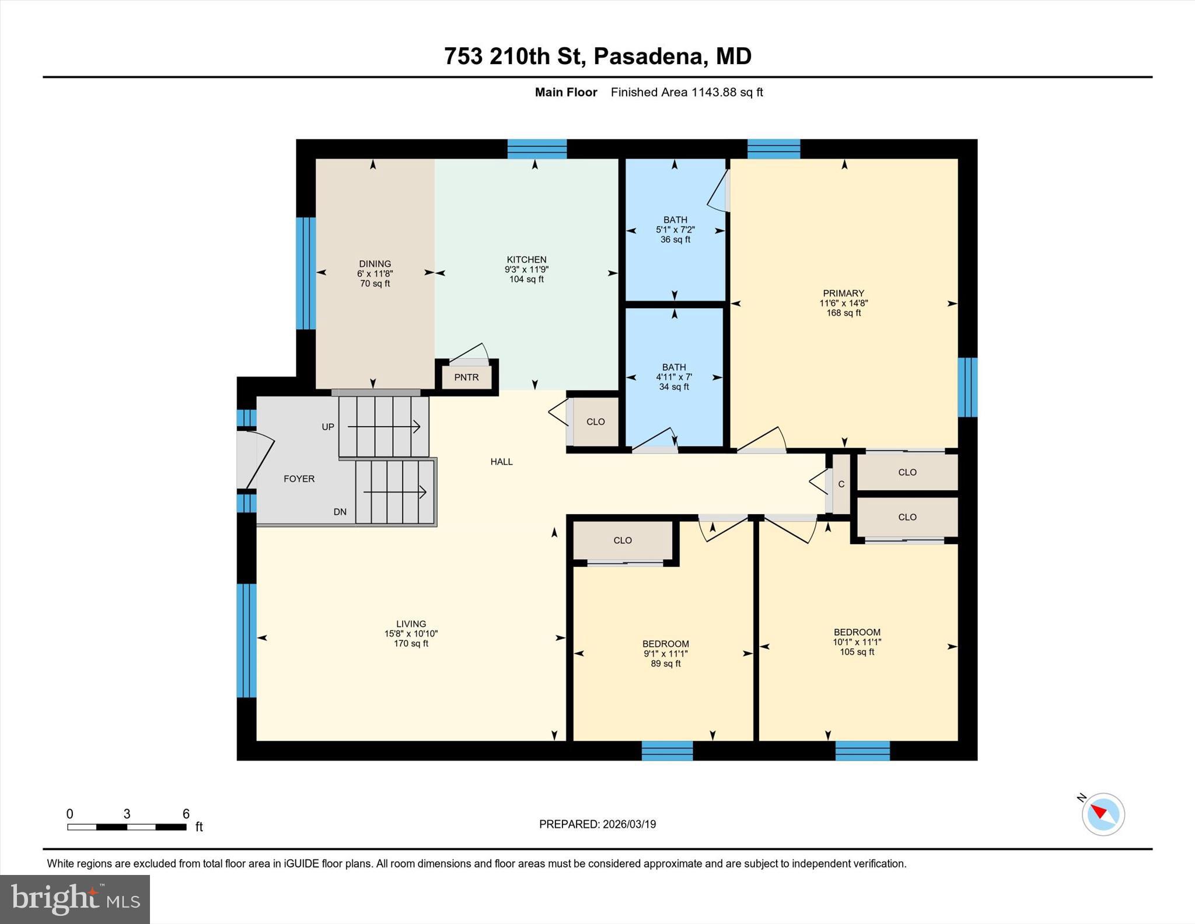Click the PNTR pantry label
coord(466,377)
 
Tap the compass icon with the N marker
coord(1102,814)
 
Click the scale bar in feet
coord(127,827)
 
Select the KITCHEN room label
coord(526,260)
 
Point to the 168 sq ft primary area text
coord(843,313)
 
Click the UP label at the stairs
coord(328,427)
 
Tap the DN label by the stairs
coord(340,512)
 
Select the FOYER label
coord(299,479)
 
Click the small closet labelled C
coord(841,484)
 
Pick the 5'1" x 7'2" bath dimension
coord(675,230)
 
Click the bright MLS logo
coord(75,899)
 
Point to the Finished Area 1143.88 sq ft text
coord(686,92)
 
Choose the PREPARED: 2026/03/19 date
coord(597,824)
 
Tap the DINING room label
coord(375,264)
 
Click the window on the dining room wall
coord(305,273)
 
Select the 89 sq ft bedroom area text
coord(665,664)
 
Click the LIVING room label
coord(411,623)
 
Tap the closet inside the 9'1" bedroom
coord(623,541)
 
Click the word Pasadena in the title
coord(648,57)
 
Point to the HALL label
coord(501,462)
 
